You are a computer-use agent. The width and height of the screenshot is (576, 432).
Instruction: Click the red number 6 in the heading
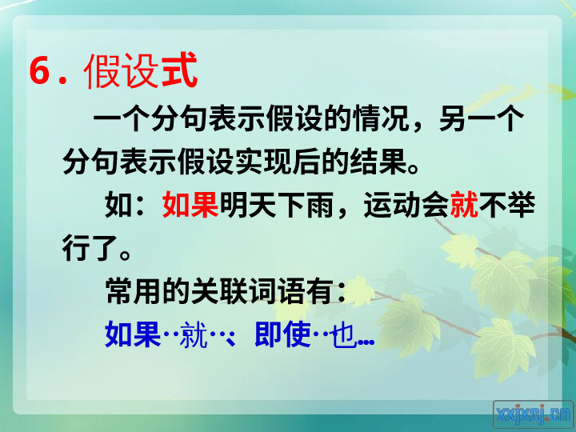[x=40, y=71]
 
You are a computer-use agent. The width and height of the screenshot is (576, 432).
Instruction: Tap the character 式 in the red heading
[x=179, y=70]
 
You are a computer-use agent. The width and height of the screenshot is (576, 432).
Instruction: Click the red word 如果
[x=190, y=205]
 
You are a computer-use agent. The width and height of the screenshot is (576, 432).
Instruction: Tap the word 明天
[x=247, y=205]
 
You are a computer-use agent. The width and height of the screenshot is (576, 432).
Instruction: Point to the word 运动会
[x=406, y=205]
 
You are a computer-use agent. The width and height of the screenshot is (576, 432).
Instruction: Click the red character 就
[x=464, y=205]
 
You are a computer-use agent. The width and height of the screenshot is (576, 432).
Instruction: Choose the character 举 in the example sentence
[x=522, y=205]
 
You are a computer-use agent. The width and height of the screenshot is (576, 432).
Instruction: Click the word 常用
[x=134, y=291]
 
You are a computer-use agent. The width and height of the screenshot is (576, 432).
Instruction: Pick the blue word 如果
[x=133, y=334]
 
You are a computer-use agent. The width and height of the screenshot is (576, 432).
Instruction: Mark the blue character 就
[x=194, y=334]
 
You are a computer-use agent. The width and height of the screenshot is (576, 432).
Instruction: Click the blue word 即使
[x=283, y=334]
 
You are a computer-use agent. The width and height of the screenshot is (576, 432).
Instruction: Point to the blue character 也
[x=344, y=335]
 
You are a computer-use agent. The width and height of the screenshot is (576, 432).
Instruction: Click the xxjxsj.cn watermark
[x=533, y=414]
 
